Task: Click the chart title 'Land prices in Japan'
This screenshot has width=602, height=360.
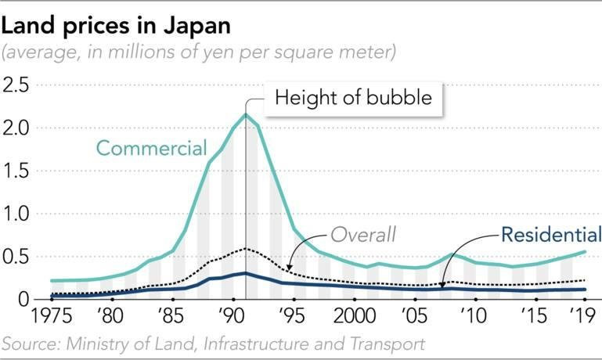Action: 117,25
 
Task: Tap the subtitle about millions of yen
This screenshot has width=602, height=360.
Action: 200,53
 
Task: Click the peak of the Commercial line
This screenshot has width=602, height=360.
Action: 246,115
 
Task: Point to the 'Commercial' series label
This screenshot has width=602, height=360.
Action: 150,148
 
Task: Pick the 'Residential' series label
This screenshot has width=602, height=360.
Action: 546,233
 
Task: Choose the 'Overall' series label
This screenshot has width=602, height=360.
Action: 362,233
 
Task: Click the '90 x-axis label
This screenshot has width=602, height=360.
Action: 233,317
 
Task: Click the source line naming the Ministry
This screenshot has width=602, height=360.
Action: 213,344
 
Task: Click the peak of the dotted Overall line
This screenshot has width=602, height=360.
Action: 246,249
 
